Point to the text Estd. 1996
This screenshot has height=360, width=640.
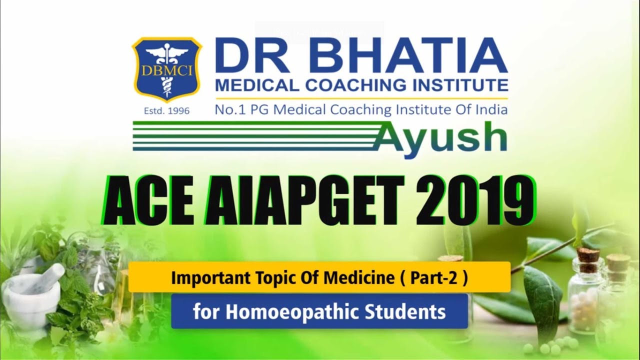click(166, 111)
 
